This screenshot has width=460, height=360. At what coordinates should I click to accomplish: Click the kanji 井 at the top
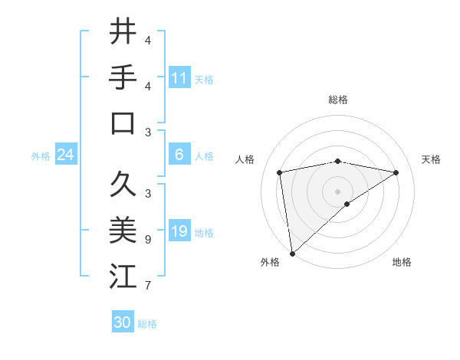123,32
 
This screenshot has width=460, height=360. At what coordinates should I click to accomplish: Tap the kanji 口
123,123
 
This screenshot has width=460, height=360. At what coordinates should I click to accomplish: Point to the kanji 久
123,185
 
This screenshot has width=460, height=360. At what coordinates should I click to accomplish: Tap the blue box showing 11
179,77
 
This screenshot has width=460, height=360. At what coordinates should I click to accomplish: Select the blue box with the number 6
179,155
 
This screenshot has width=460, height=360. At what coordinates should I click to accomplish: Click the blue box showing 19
179,231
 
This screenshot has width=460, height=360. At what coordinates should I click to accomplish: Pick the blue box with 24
66,155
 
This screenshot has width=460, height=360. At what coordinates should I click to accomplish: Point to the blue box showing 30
123,322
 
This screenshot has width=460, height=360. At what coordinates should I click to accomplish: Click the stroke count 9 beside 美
147,240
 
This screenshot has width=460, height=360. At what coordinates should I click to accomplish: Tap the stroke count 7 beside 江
147,286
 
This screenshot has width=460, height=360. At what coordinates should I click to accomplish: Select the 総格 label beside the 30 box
147,324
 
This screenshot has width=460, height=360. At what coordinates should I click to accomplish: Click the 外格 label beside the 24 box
41,156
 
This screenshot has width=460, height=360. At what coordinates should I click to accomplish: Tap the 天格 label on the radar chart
431,159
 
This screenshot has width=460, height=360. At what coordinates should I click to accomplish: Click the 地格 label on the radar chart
402,262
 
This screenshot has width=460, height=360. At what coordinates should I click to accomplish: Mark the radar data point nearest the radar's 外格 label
292,253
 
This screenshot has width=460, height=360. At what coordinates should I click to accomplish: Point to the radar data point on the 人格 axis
280,172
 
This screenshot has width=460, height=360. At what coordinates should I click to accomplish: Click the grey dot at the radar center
338,190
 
